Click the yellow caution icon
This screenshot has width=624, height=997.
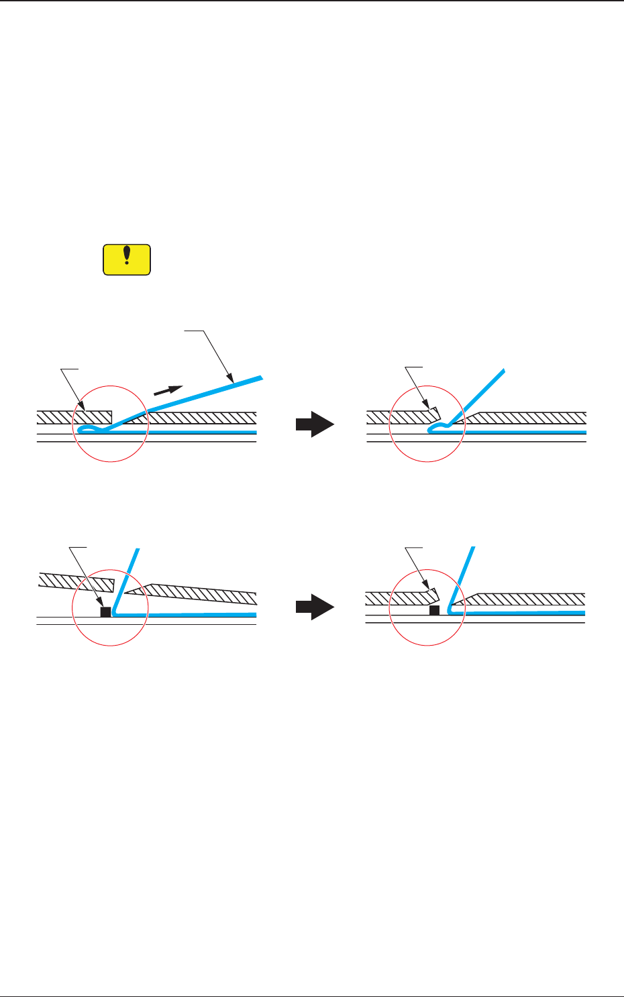point(127,259)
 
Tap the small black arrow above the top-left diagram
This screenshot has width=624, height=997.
point(168,390)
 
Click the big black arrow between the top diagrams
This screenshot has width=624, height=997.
point(315,424)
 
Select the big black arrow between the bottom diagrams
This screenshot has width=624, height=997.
point(315,607)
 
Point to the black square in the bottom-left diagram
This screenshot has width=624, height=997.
point(105,611)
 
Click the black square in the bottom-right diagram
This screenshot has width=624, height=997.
point(434,610)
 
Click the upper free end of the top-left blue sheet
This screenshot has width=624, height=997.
point(260,377)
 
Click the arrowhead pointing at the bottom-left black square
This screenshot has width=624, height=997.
point(101,603)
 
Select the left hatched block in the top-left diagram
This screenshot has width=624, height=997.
point(74,417)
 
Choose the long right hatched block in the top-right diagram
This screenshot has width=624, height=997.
point(530,418)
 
